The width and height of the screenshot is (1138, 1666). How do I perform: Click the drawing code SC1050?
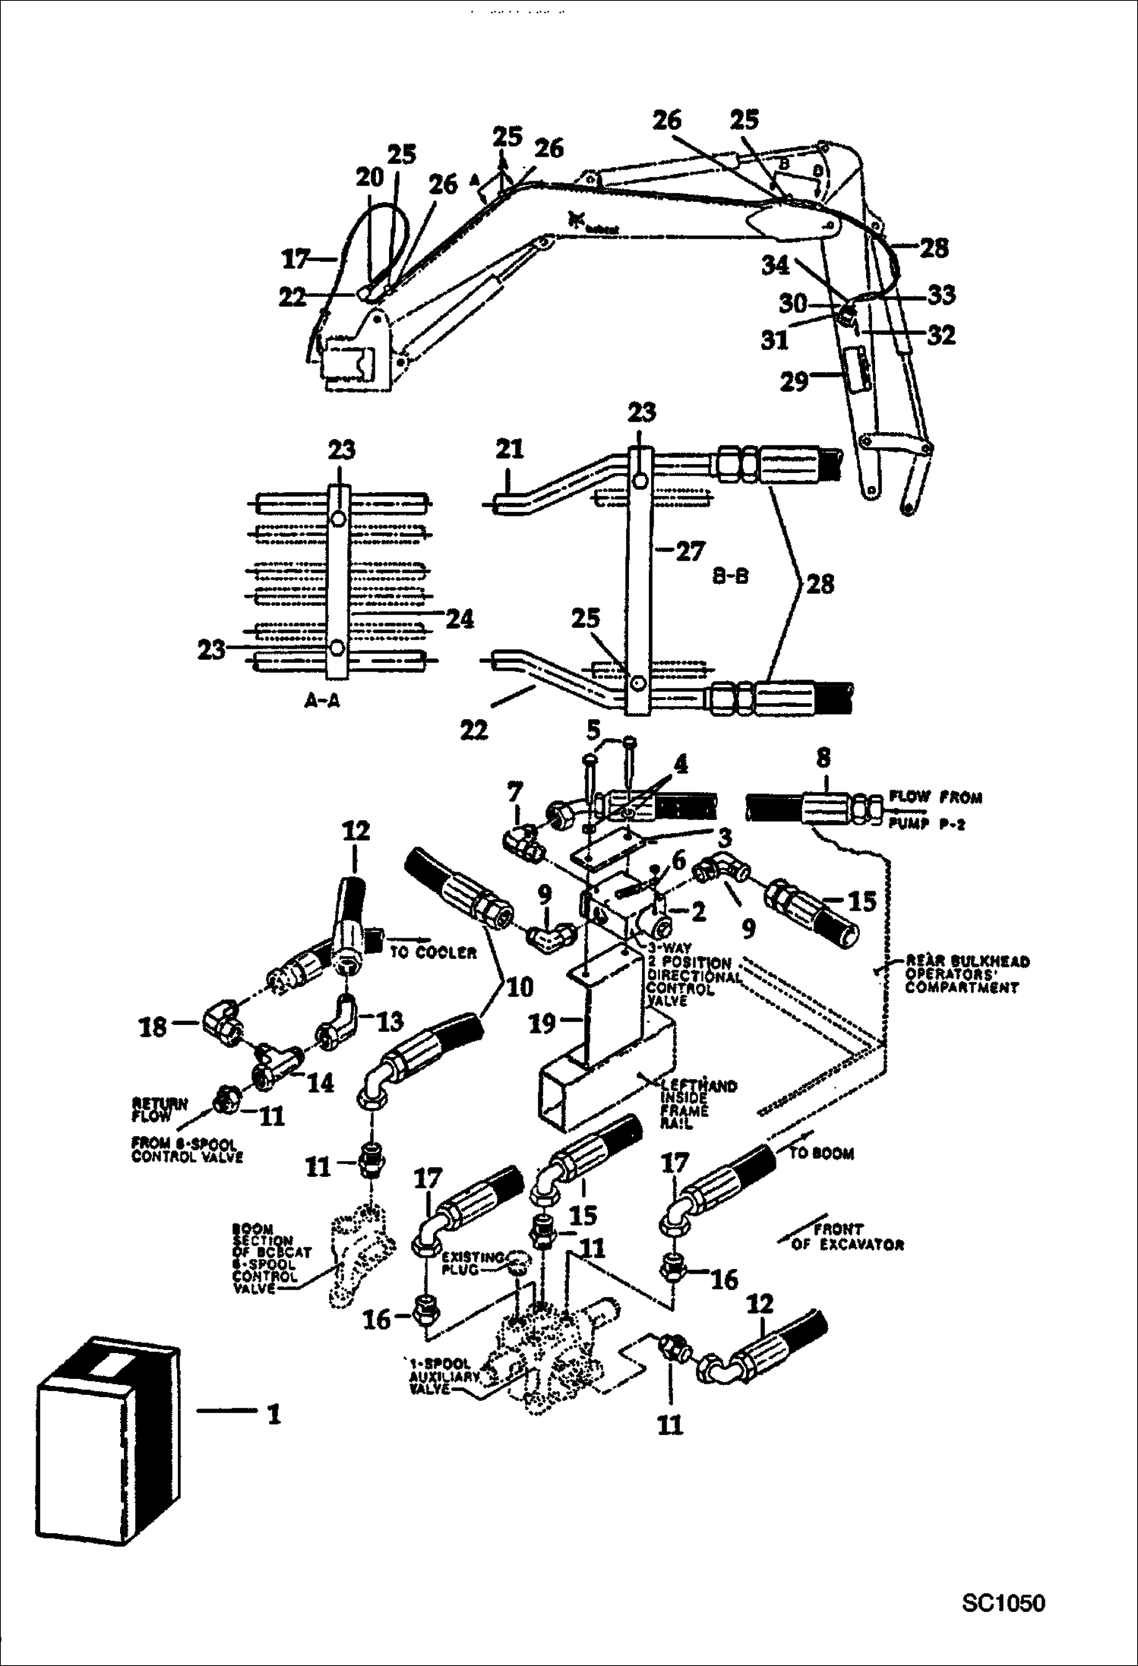pyautogui.click(x=1003, y=1603)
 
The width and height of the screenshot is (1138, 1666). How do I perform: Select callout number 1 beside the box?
pyautogui.click(x=273, y=1414)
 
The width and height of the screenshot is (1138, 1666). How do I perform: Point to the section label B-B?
pyautogui.click(x=730, y=576)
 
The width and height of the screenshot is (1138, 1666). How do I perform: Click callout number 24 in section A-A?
pyautogui.click(x=460, y=619)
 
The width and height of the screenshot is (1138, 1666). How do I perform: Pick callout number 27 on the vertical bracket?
pyautogui.click(x=690, y=551)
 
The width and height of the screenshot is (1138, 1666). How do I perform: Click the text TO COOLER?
pyautogui.click(x=432, y=952)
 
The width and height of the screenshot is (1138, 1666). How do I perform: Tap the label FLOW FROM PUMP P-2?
pyautogui.click(x=935, y=810)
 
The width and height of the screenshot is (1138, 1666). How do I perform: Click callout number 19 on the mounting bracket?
pyautogui.click(x=542, y=1024)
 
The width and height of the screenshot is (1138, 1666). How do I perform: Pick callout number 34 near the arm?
pyautogui.click(x=776, y=266)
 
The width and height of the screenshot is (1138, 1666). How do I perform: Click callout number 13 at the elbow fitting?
pyautogui.click(x=390, y=1021)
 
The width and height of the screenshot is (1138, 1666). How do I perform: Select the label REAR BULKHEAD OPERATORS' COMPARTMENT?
pyautogui.click(x=966, y=974)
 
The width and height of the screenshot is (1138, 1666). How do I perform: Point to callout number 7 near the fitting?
pyautogui.click(x=514, y=793)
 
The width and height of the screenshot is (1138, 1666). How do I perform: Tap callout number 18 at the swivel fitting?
pyautogui.click(x=152, y=1027)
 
